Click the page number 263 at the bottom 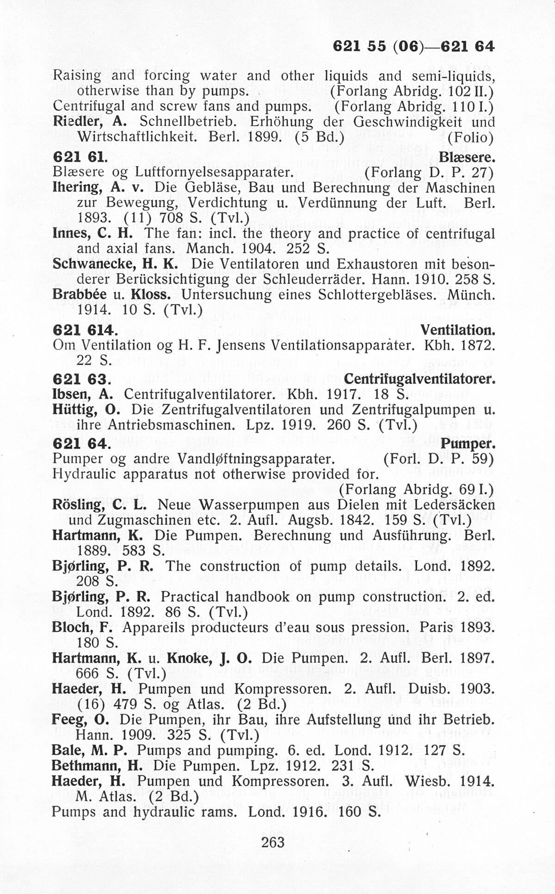tap(273, 842)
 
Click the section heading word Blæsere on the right tap(467, 158)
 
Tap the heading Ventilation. tap(457, 330)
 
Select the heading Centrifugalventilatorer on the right tap(419, 379)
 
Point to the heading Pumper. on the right tap(468, 444)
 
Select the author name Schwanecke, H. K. tap(116, 264)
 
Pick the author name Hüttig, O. tap(86, 410)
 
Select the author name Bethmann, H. tap(97, 765)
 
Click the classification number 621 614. tap(83, 330)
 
